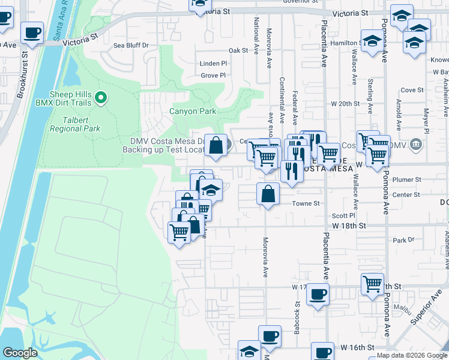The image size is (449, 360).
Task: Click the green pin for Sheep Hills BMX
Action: click(x=101, y=97)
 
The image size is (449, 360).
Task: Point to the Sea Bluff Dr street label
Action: click(x=131, y=45)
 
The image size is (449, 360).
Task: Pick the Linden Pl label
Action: click(x=214, y=63)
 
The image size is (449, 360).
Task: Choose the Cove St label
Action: click(x=412, y=90)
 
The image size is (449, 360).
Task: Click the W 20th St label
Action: click(x=346, y=103)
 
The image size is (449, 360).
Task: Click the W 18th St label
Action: click(x=349, y=226)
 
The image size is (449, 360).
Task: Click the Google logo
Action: click(x=20, y=353)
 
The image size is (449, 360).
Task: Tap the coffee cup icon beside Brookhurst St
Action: click(x=32, y=32)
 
